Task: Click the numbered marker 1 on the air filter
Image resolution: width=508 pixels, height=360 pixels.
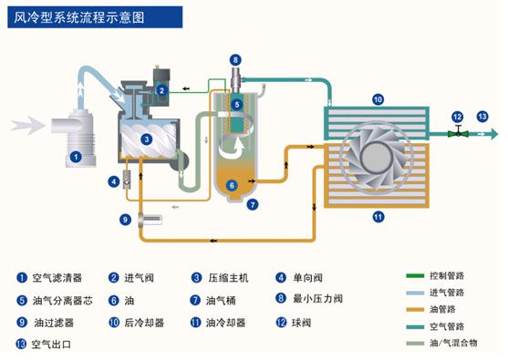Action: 78,157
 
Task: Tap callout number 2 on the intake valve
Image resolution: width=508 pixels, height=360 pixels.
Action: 161,90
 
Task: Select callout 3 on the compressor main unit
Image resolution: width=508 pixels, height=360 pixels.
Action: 147,139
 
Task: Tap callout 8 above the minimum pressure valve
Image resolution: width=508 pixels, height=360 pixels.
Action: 235,61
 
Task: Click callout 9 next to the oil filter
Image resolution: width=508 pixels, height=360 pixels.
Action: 126,219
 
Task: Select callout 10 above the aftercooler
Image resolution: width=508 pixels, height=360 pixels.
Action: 378,98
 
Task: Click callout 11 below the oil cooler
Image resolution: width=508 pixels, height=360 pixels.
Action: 378,216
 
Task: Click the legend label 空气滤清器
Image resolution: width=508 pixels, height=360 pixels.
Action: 57,278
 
